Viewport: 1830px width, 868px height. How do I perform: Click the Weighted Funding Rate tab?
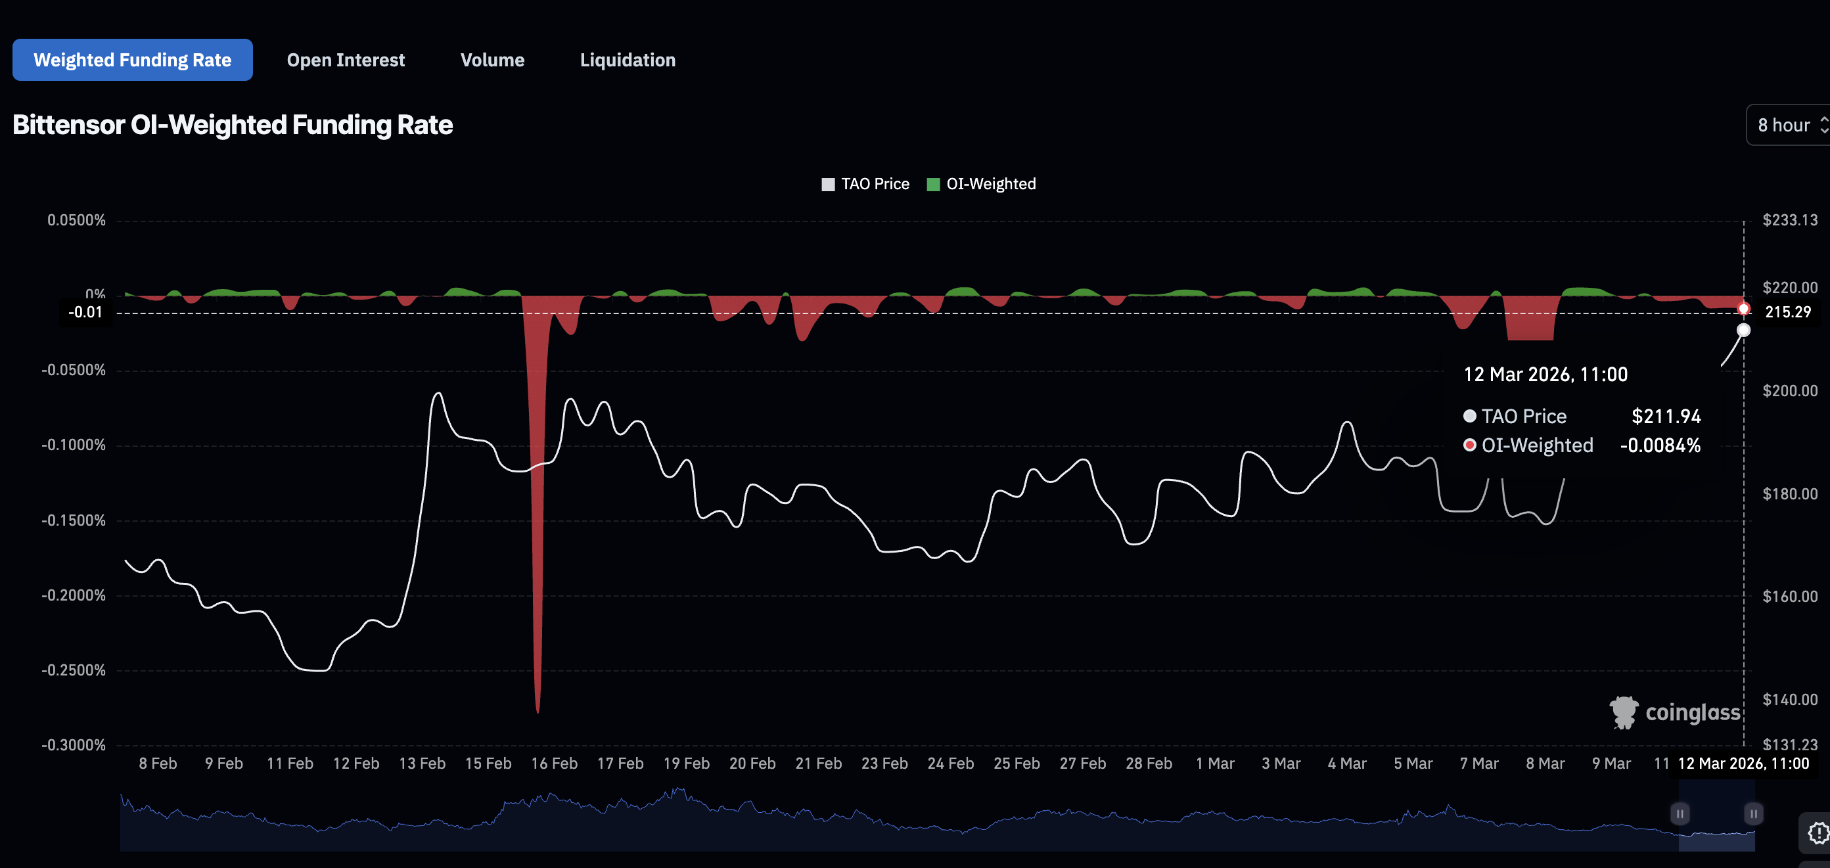[132, 60]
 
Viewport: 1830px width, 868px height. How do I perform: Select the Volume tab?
[492, 60]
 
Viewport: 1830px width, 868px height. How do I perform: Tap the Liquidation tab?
[628, 60]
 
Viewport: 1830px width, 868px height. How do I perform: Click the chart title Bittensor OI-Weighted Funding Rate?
[233, 125]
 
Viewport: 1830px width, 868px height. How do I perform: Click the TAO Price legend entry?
[865, 184]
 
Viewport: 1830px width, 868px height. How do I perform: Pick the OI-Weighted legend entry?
[982, 184]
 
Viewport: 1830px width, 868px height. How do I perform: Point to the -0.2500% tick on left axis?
[73, 670]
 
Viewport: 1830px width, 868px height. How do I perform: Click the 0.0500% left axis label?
[76, 220]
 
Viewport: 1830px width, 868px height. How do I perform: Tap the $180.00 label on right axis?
[1789, 493]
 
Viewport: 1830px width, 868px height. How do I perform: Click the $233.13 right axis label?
[1789, 220]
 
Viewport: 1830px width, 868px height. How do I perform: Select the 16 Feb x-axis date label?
[554, 763]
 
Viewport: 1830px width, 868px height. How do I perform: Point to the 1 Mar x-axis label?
[1215, 763]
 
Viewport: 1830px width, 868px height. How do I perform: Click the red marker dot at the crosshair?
[1743, 308]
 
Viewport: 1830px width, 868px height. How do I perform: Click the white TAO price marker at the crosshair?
[1743, 331]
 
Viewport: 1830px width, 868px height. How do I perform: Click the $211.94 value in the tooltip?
[1666, 416]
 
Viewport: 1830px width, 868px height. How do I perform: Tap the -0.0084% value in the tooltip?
[1660, 445]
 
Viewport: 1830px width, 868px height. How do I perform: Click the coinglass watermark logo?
[1674, 712]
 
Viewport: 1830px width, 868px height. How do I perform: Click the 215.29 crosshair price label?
[1787, 312]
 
